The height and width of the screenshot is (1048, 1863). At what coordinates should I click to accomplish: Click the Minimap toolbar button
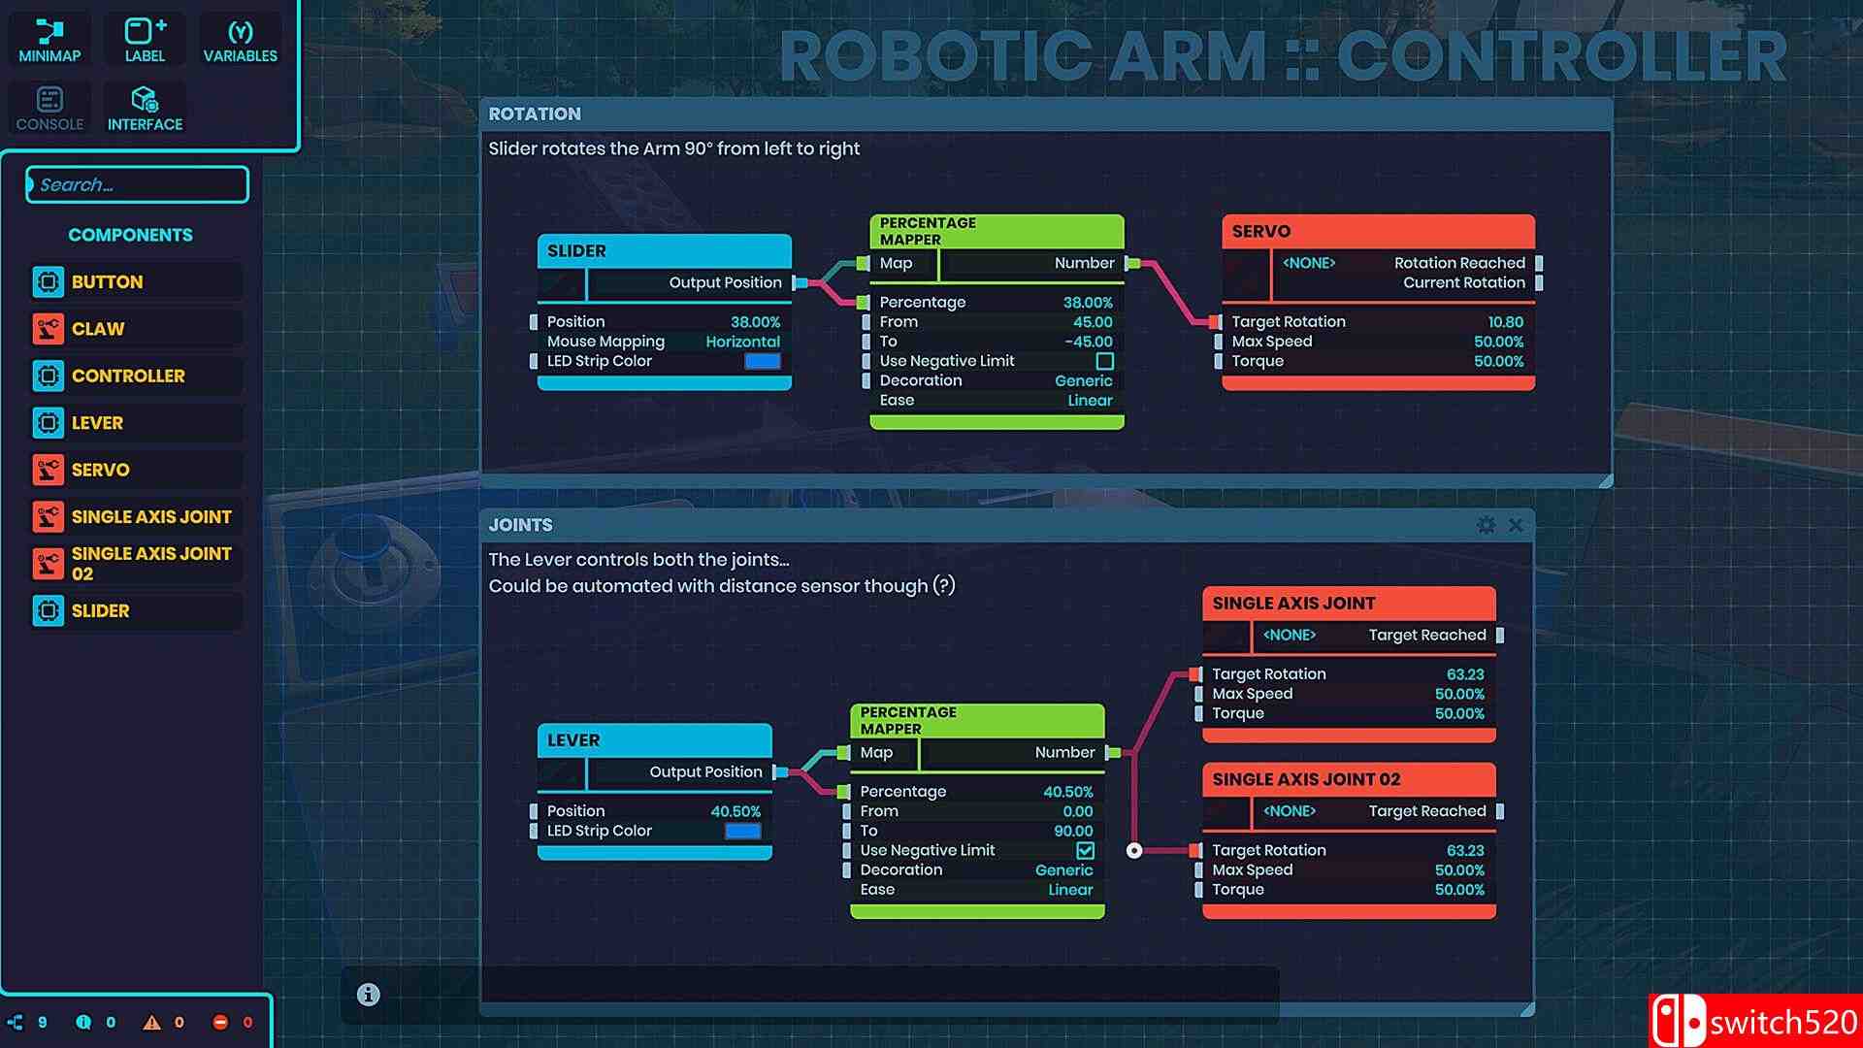[49, 42]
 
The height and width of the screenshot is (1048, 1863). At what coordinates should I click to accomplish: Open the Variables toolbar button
[240, 42]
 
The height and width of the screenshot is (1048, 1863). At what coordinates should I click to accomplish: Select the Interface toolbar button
[145, 109]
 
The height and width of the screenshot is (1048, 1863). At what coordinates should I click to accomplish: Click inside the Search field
[138, 184]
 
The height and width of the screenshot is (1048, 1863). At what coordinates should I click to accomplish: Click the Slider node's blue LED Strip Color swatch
[762, 361]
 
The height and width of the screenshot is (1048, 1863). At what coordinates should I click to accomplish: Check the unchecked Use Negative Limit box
[1104, 361]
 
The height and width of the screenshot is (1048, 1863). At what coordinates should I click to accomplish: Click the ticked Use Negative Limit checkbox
[1085, 850]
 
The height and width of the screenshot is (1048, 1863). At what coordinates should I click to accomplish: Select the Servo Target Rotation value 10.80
[1505, 322]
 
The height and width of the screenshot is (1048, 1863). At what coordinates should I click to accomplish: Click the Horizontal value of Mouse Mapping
[742, 342]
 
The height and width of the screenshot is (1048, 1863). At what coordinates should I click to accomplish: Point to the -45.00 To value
[1088, 342]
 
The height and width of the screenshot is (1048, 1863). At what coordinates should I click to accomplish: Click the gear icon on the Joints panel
[1486, 525]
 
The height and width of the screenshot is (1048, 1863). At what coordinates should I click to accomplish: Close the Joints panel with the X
[1516, 525]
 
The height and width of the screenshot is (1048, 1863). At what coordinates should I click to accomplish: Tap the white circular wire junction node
[1134, 851]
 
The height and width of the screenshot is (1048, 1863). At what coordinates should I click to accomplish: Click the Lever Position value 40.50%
[735, 811]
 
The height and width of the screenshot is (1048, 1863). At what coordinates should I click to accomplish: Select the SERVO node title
[1261, 231]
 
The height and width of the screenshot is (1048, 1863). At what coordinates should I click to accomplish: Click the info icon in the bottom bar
[368, 995]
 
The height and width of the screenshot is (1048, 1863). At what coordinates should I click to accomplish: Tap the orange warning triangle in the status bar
[151, 1022]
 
